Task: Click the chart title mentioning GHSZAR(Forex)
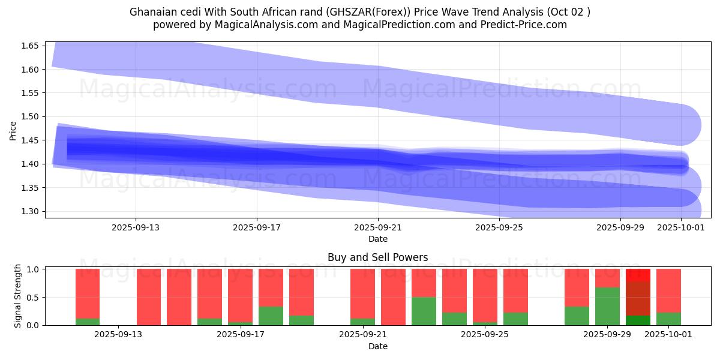pos(359,11)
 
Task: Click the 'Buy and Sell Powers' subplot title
pos(377,257)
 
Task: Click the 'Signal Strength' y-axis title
pos(18,296)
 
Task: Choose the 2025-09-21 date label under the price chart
pos(378,228)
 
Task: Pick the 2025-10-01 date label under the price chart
pos(681,228)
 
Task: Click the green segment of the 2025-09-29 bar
pos(607,306)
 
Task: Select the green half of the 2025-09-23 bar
pos(424,311)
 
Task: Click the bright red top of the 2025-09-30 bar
pos(638,275)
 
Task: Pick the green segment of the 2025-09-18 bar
pos(301,320)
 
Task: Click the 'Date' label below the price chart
pos(377,239)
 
